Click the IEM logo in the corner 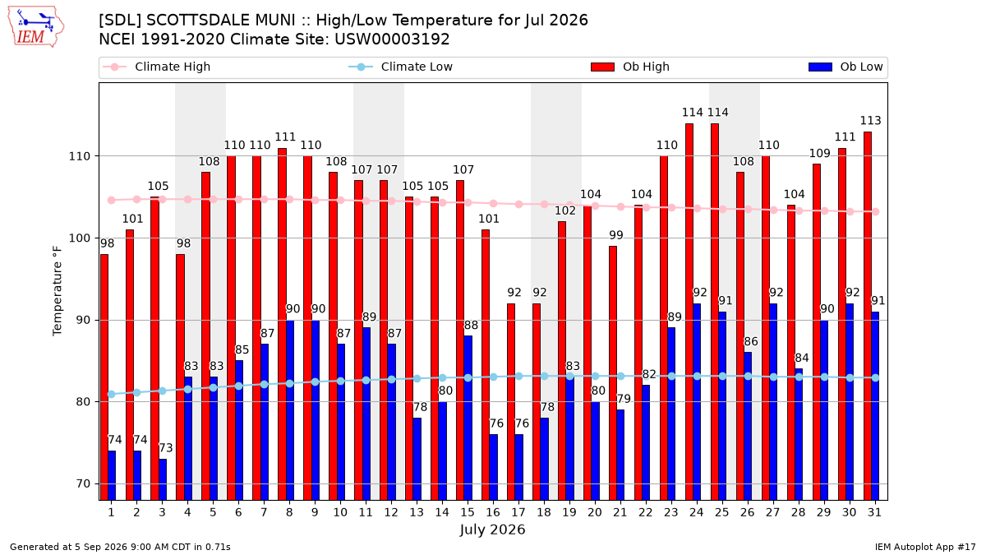36,26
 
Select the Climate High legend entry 156,67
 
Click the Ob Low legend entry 845,67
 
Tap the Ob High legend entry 630,67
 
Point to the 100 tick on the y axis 79,238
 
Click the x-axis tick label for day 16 493,512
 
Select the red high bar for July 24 689,312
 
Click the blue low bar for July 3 163,479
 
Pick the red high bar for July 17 511,402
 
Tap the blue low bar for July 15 468,418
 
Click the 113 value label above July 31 871,121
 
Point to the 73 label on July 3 166,448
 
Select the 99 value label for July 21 616,235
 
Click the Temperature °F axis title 58,291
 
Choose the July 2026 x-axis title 492,530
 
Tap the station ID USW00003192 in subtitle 392,39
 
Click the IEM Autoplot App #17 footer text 925,547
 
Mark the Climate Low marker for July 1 112,394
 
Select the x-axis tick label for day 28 799,512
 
